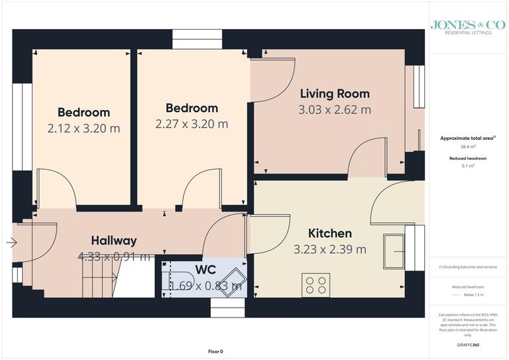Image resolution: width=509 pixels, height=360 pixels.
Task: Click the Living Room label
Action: coord(335,93)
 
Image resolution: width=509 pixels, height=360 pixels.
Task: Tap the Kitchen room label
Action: coord(330,233)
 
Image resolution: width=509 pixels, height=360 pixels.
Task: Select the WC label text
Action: coord(205,270)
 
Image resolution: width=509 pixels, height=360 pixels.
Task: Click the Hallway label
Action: coord(114,241)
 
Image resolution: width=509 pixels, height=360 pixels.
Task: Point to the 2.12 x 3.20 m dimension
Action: coord(84,129)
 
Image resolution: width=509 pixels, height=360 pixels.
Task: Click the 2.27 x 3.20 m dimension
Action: coord(192,124)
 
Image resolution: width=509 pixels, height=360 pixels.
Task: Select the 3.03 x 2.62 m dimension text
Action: coord(335,109)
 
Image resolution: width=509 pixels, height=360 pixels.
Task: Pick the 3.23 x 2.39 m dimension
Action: coord(330,250)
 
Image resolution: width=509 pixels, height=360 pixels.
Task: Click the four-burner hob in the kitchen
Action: coord(315,285)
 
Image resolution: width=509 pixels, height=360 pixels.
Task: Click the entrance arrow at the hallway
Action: coord(11,243)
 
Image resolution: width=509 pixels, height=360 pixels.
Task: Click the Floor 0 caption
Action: coord(216,351)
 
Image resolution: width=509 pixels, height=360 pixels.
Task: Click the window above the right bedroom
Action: coord(192,36)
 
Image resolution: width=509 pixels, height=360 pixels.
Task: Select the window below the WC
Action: coord(221,307)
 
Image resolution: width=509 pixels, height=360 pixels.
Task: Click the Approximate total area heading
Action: coord(468,138)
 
